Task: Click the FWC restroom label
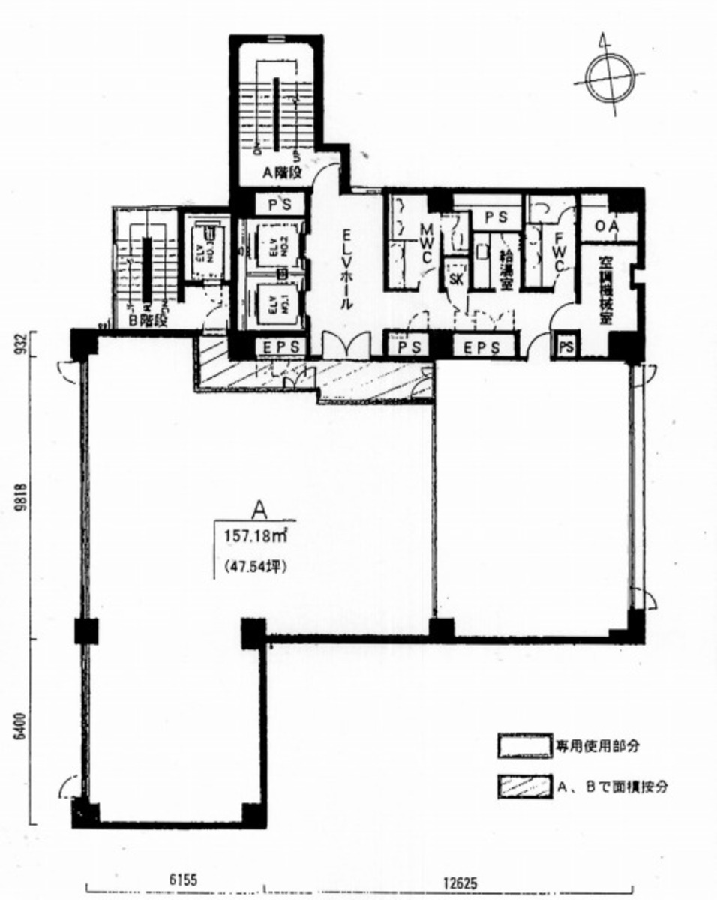coord(559,251)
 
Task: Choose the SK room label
coord(455,278)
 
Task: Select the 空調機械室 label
coord(605,289)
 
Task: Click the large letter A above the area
coord(259,511)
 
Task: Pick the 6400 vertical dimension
coord(21,728)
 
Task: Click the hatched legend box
coord(524,788)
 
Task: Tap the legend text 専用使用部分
coord(597,747)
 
